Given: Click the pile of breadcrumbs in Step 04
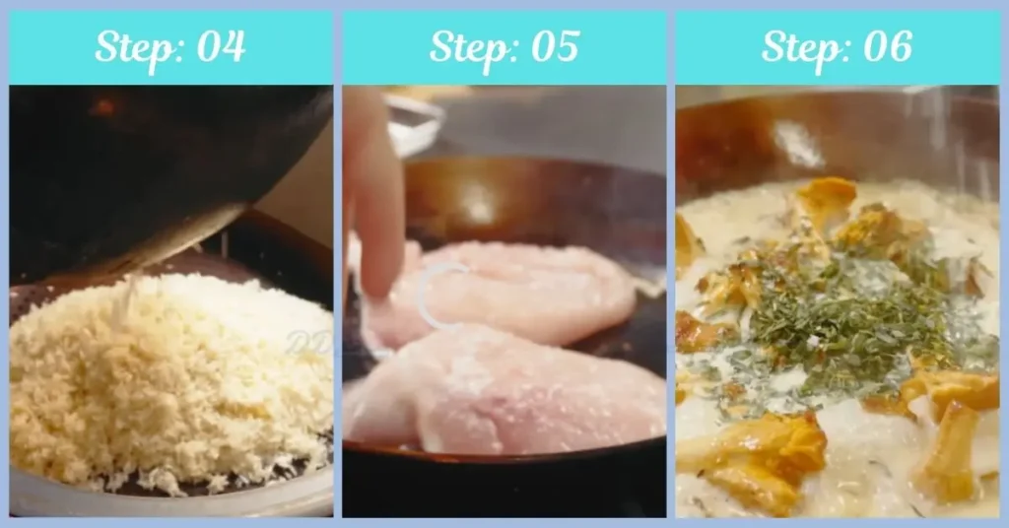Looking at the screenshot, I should coord(168,374).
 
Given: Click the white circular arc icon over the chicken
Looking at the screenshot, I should coord(438,296).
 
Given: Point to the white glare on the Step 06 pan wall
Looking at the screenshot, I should coord(798,143).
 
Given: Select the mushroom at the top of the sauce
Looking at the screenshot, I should coord(826,202).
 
